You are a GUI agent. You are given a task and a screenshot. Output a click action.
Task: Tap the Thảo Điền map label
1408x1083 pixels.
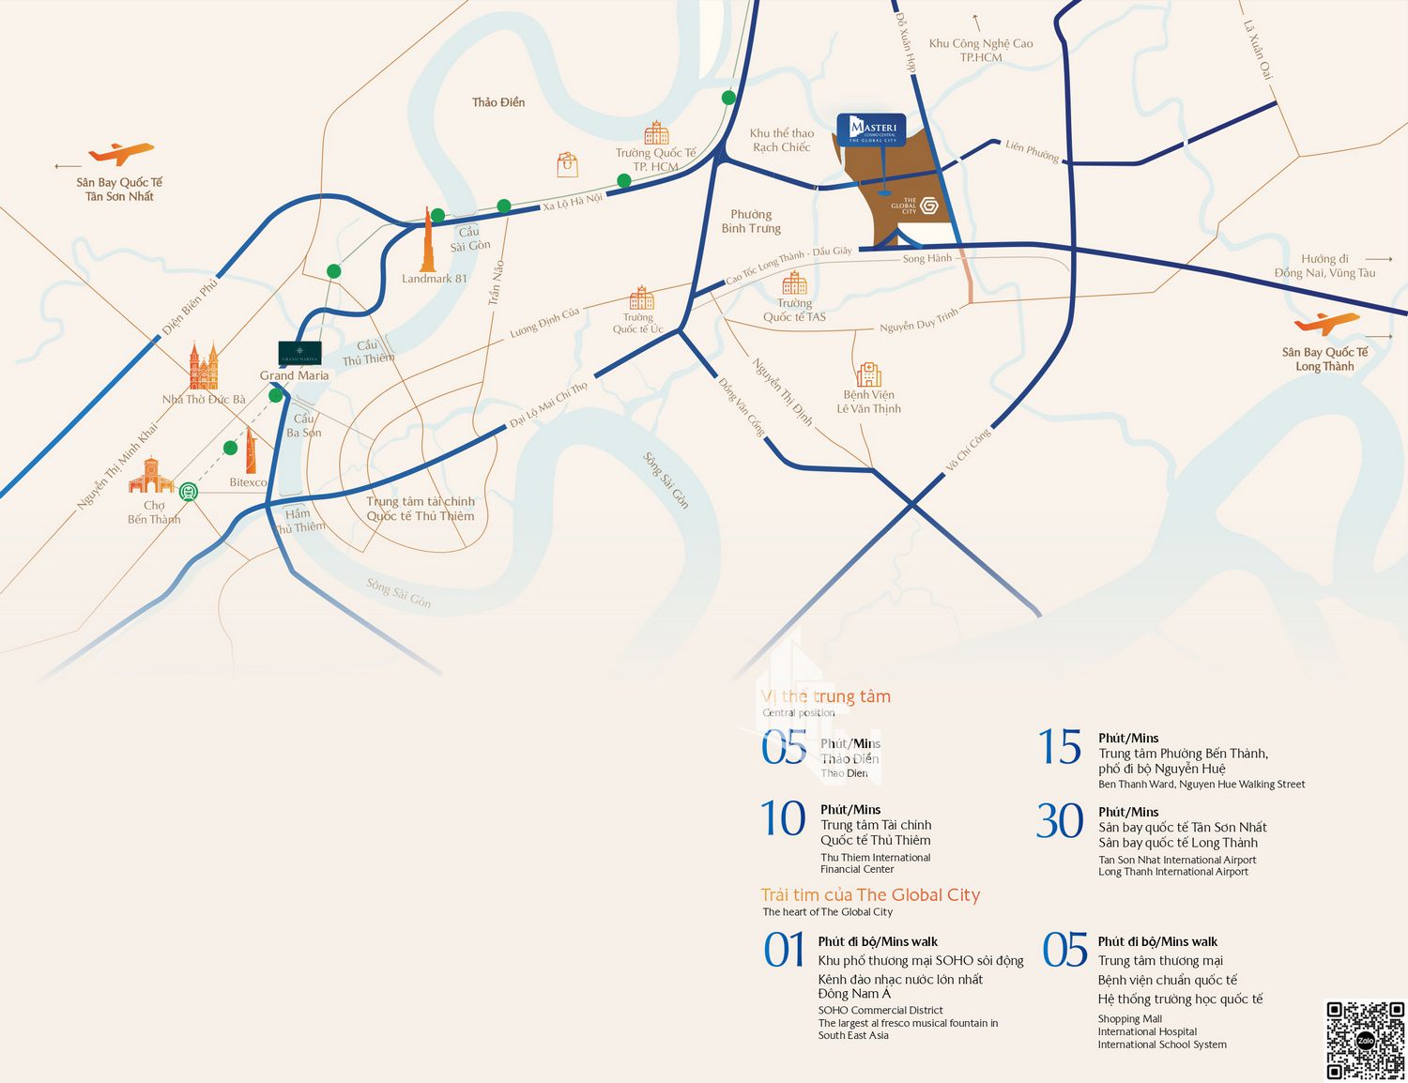(x=498, y=102)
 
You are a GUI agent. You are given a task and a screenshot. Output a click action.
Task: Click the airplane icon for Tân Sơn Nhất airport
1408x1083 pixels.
(x=120, y=152)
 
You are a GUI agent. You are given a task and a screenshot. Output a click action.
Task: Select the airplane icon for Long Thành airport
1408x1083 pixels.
(x=1326, y=323)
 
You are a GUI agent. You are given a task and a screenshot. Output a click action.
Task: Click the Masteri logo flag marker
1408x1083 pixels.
(x=871, y=130)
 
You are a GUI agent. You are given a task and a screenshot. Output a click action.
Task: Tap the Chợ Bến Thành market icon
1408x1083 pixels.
(x=151, y=476)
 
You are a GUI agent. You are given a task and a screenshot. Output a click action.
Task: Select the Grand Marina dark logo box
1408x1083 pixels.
(x=299, y=354)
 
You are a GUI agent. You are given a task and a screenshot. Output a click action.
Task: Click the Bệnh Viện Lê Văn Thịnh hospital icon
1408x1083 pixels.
(x=868, y=374)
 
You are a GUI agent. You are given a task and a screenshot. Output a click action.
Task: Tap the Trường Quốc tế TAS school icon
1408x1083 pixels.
(x=794, y=282)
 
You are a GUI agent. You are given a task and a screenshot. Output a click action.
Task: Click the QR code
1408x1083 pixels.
(x=1365, y=1040)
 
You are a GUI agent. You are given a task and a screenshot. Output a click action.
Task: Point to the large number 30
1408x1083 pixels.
(x=1060, y=821)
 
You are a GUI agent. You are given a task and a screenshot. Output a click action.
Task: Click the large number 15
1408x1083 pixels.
(x=1060, y=748)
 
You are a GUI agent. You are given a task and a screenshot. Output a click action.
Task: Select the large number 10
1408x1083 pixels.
(x=783, y=818)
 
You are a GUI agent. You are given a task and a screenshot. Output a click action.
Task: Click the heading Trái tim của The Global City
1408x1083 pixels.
(x=870, y=895)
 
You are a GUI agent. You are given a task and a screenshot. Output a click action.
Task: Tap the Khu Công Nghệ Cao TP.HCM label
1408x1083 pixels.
(x=981, y=50)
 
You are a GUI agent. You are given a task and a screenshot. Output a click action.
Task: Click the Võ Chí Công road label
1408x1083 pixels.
(x=968, y=450)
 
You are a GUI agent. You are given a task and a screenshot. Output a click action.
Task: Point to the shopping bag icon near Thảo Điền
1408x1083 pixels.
(x=567, y=165)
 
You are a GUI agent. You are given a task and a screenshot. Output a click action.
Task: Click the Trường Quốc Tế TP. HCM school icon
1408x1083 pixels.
(x=656, y=132)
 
